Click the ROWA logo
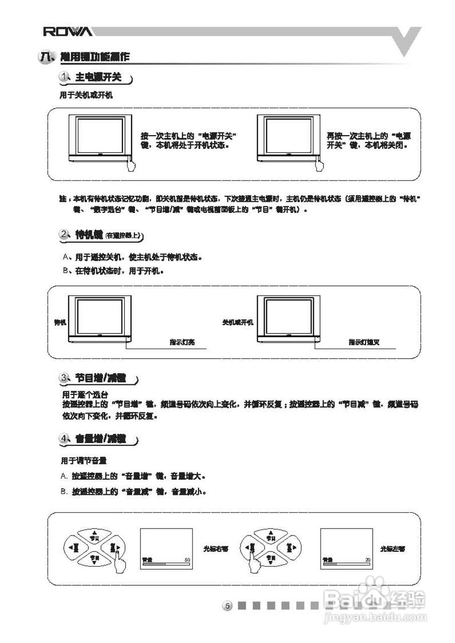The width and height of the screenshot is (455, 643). [67, 32]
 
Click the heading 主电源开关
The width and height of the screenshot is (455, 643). [98, 78]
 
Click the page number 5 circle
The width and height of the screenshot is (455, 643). [227, 606]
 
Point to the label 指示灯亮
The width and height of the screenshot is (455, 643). [182, 343]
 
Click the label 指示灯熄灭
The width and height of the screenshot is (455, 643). [364, 343]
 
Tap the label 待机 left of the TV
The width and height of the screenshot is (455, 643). [60, 322]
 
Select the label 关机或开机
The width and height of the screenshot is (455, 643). [238, 322]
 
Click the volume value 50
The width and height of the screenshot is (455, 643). [187, 559]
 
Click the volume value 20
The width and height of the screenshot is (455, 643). [368, 559]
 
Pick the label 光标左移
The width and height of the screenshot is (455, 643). [393, 549]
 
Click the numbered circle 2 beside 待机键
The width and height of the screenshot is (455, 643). [64, 234]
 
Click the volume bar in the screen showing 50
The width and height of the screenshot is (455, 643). [166, 564]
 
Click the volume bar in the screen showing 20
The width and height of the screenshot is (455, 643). [347, 564]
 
